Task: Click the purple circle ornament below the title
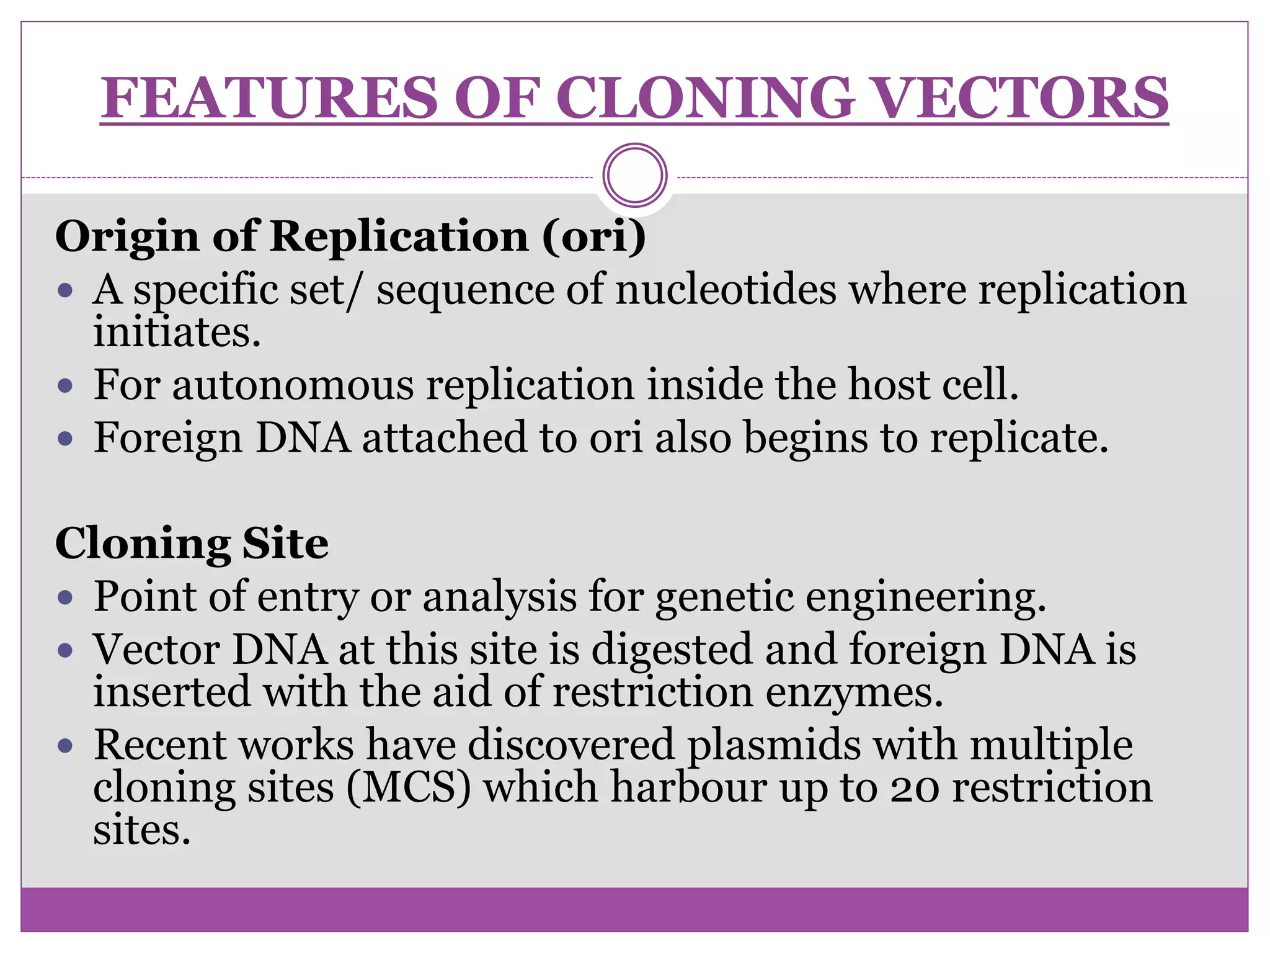[635, 175]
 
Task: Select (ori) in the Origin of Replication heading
[594, 236]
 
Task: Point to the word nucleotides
[726, 290]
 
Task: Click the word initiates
[177, 332]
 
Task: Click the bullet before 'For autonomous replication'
[65, 387]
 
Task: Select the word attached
[444, 437]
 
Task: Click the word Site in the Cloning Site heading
[285, 544]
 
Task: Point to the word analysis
[500, 597]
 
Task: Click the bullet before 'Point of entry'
[65, 598]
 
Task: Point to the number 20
[914, 788]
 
